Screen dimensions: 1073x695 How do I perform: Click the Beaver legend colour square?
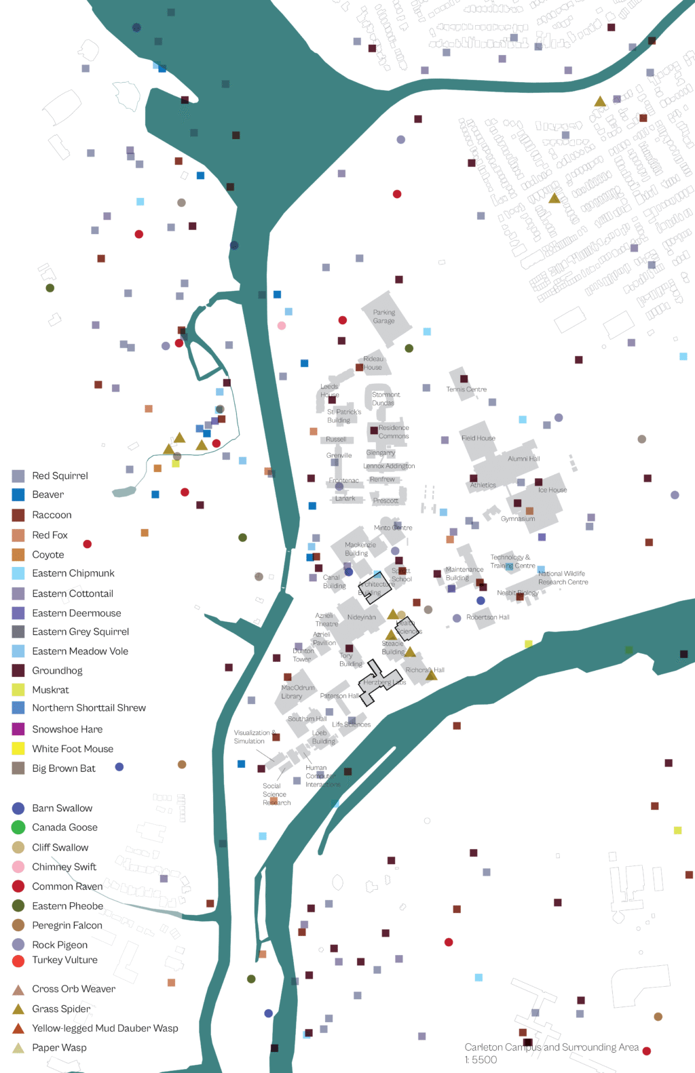click(x=18, y=495)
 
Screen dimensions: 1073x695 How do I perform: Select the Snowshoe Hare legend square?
click(x=18, y=729)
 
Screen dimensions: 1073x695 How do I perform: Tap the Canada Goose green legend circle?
click(x=18, y=827)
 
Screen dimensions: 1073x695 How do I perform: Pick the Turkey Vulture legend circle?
click(x=18, y=960)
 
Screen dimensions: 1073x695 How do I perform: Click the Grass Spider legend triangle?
click(x=18, y=1009)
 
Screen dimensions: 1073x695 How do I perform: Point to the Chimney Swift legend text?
click(x=64, y=867)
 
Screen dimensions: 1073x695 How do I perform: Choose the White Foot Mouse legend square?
click(x=18, y=749)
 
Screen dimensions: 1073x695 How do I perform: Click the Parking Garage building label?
click(x=383, y=317)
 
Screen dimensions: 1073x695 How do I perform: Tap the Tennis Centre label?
click(x=466, y=389)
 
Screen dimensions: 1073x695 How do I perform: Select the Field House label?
click(x=478, y=438)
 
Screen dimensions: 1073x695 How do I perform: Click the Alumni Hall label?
click(x=524, y=459)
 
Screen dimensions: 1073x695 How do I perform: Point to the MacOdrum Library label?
click(x=297, y=692)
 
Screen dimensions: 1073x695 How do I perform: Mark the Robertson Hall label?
click(x=487, y=617)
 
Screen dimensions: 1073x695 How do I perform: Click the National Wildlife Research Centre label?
click(x=563, y=578)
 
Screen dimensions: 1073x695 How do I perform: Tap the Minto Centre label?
click(x=393, y=528)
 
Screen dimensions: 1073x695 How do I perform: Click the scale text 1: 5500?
click(x=481, y=1060)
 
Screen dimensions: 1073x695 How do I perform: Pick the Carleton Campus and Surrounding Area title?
click(x=551, y=1047)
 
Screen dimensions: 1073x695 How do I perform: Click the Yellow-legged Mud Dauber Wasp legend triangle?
click(x=18, y=1029)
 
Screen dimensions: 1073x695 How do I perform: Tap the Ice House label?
click(x=552, y=490)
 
